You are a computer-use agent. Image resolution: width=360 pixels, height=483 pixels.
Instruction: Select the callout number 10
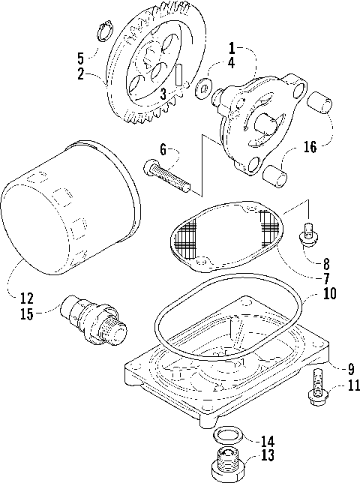click(x=329, y=295)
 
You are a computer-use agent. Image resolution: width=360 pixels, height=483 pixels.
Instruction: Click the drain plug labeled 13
click(x=223, y=470)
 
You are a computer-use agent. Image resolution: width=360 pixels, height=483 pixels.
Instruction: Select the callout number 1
click(x=232, y=46)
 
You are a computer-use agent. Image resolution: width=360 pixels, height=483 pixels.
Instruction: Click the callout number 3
click(x=163, y=92)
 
